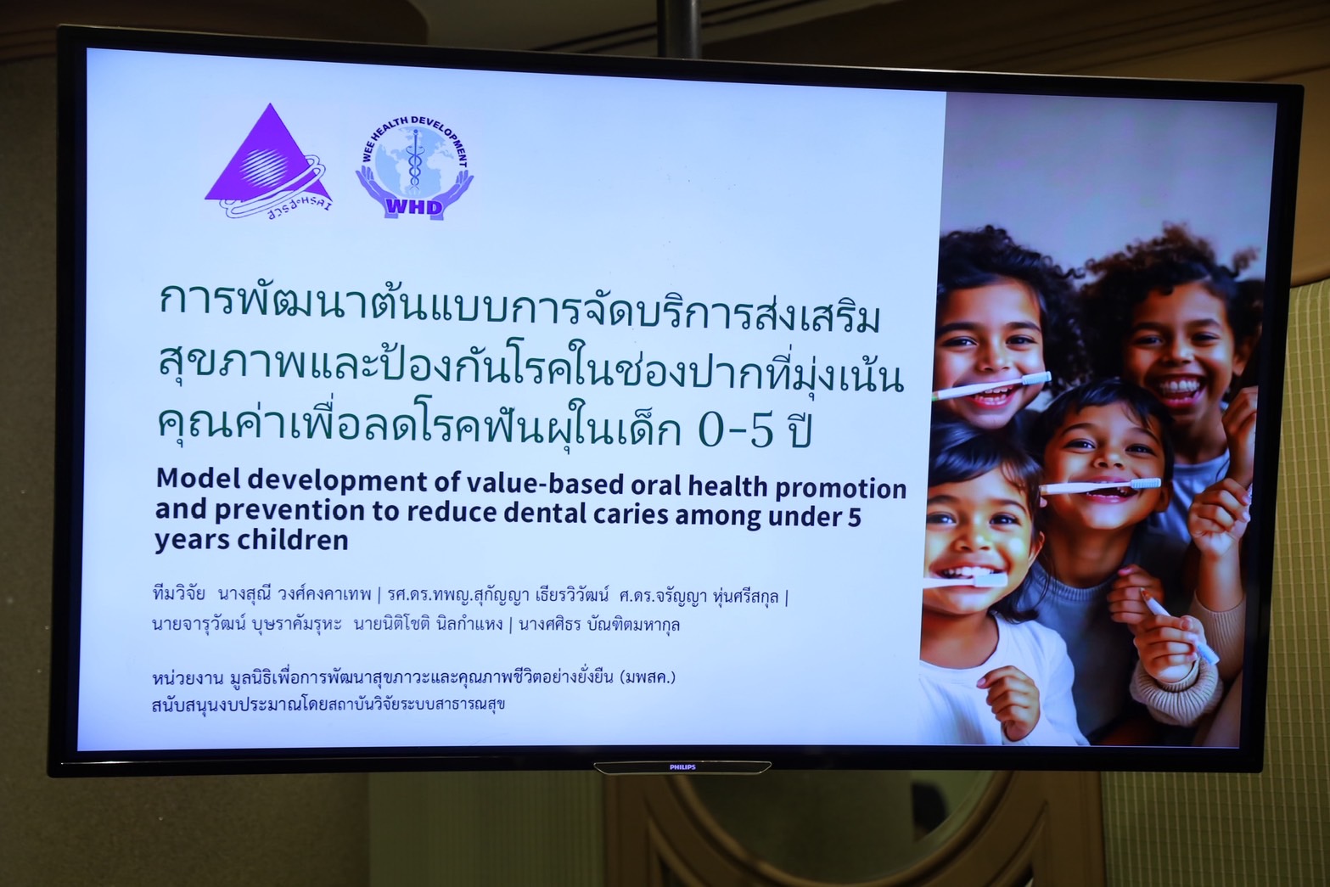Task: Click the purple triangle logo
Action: point(268,160)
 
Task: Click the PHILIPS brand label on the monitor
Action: point(682,767)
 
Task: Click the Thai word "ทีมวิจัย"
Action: point(178,593)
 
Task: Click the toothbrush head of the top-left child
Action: point(1036,379)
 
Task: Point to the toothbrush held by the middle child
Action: point(1100,486)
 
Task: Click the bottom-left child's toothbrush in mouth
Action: point(965,580)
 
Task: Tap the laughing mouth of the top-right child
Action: point(1179,388)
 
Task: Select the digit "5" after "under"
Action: point(854,517)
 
